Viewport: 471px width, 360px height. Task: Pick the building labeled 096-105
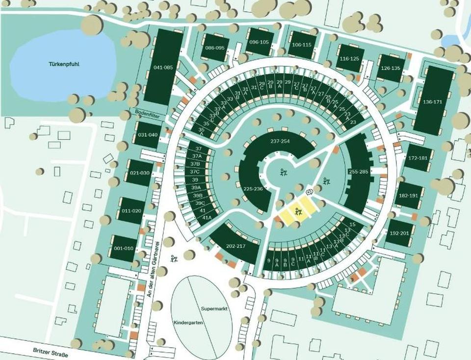click(x=259, y=42)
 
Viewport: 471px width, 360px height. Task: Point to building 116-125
click(x=349, y=58)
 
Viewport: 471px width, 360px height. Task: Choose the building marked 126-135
click(x=390, y=68)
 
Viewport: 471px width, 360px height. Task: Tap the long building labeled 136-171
click(x=432, y=102)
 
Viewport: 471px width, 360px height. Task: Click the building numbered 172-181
click(x=418, y=158)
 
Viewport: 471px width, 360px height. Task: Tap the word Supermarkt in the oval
click(x=212, y=309)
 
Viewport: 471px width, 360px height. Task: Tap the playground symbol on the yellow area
click(x=297, y=212)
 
